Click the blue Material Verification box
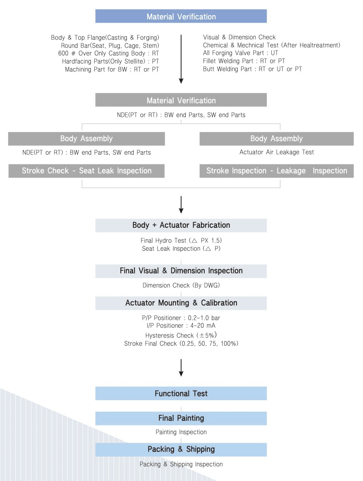coord(181,16)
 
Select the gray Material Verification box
coord(181,100)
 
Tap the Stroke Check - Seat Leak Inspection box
coord(86,171)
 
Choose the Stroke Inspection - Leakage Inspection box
coord(277,171)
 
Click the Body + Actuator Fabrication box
coord(181,226)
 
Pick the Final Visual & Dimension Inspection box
coord(181,271)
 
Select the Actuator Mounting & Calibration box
coord(181,303)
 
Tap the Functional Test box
coord(181,393)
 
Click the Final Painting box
coord(181,418)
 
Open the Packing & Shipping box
coord(181,450)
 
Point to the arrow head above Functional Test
coord(181,374)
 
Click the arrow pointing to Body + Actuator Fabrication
coord(181,205)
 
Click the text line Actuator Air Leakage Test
coord(277,152)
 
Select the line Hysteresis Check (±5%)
coord(181,335)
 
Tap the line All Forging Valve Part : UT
coord(240,53)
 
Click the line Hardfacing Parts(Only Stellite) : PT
coord(110,61)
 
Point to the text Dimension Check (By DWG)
coord(181,285)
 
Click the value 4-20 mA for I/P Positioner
coord(203,326)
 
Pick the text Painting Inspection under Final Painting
coord(181,432)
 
